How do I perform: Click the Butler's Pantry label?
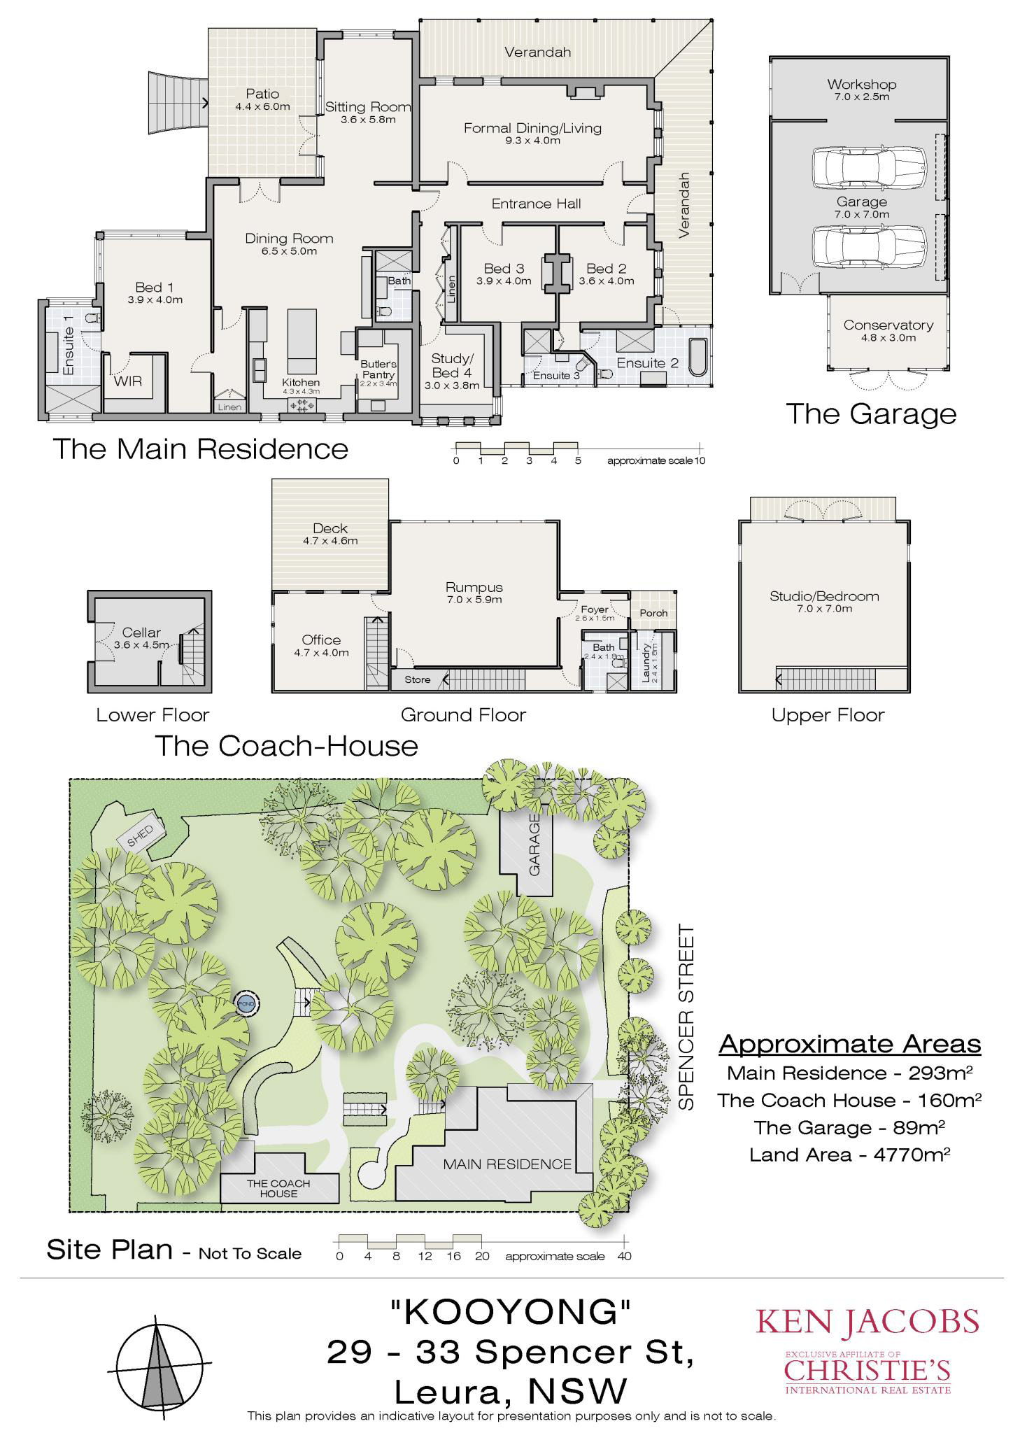pos(378,369)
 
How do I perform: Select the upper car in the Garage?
pos(869,169)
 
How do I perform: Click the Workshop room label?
pos(861,84)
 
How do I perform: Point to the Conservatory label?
pos(888,325)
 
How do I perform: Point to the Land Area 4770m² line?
pos(849,1155)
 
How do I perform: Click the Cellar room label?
pos(141,633)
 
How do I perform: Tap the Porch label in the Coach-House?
pos(653,613)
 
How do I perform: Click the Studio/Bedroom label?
pos(824,596)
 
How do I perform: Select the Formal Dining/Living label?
pos(532,128)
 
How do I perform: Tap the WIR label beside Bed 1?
pos(128,381)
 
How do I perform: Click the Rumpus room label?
pos(474,588)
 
